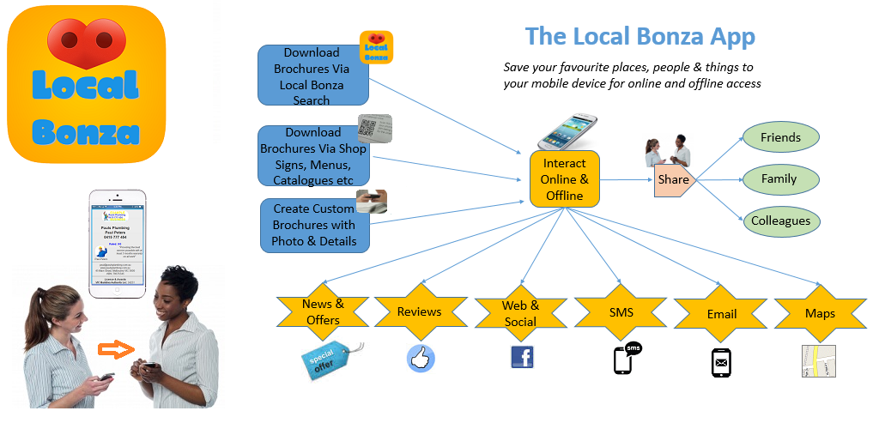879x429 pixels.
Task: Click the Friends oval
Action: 780,137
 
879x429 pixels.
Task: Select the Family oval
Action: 779,179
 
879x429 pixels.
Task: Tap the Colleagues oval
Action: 780,221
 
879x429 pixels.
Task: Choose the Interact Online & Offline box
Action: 564,179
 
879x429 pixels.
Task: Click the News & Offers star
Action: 322,312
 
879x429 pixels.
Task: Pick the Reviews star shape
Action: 419,312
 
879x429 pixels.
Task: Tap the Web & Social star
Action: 520,313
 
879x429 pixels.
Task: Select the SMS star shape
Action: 621,312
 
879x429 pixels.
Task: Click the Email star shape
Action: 721,313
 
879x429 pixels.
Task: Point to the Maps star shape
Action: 820,313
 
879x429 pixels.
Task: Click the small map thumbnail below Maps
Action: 818,361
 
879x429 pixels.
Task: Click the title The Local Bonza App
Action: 640,37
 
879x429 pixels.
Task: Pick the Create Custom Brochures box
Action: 314,226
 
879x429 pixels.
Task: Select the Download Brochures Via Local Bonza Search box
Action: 313,76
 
